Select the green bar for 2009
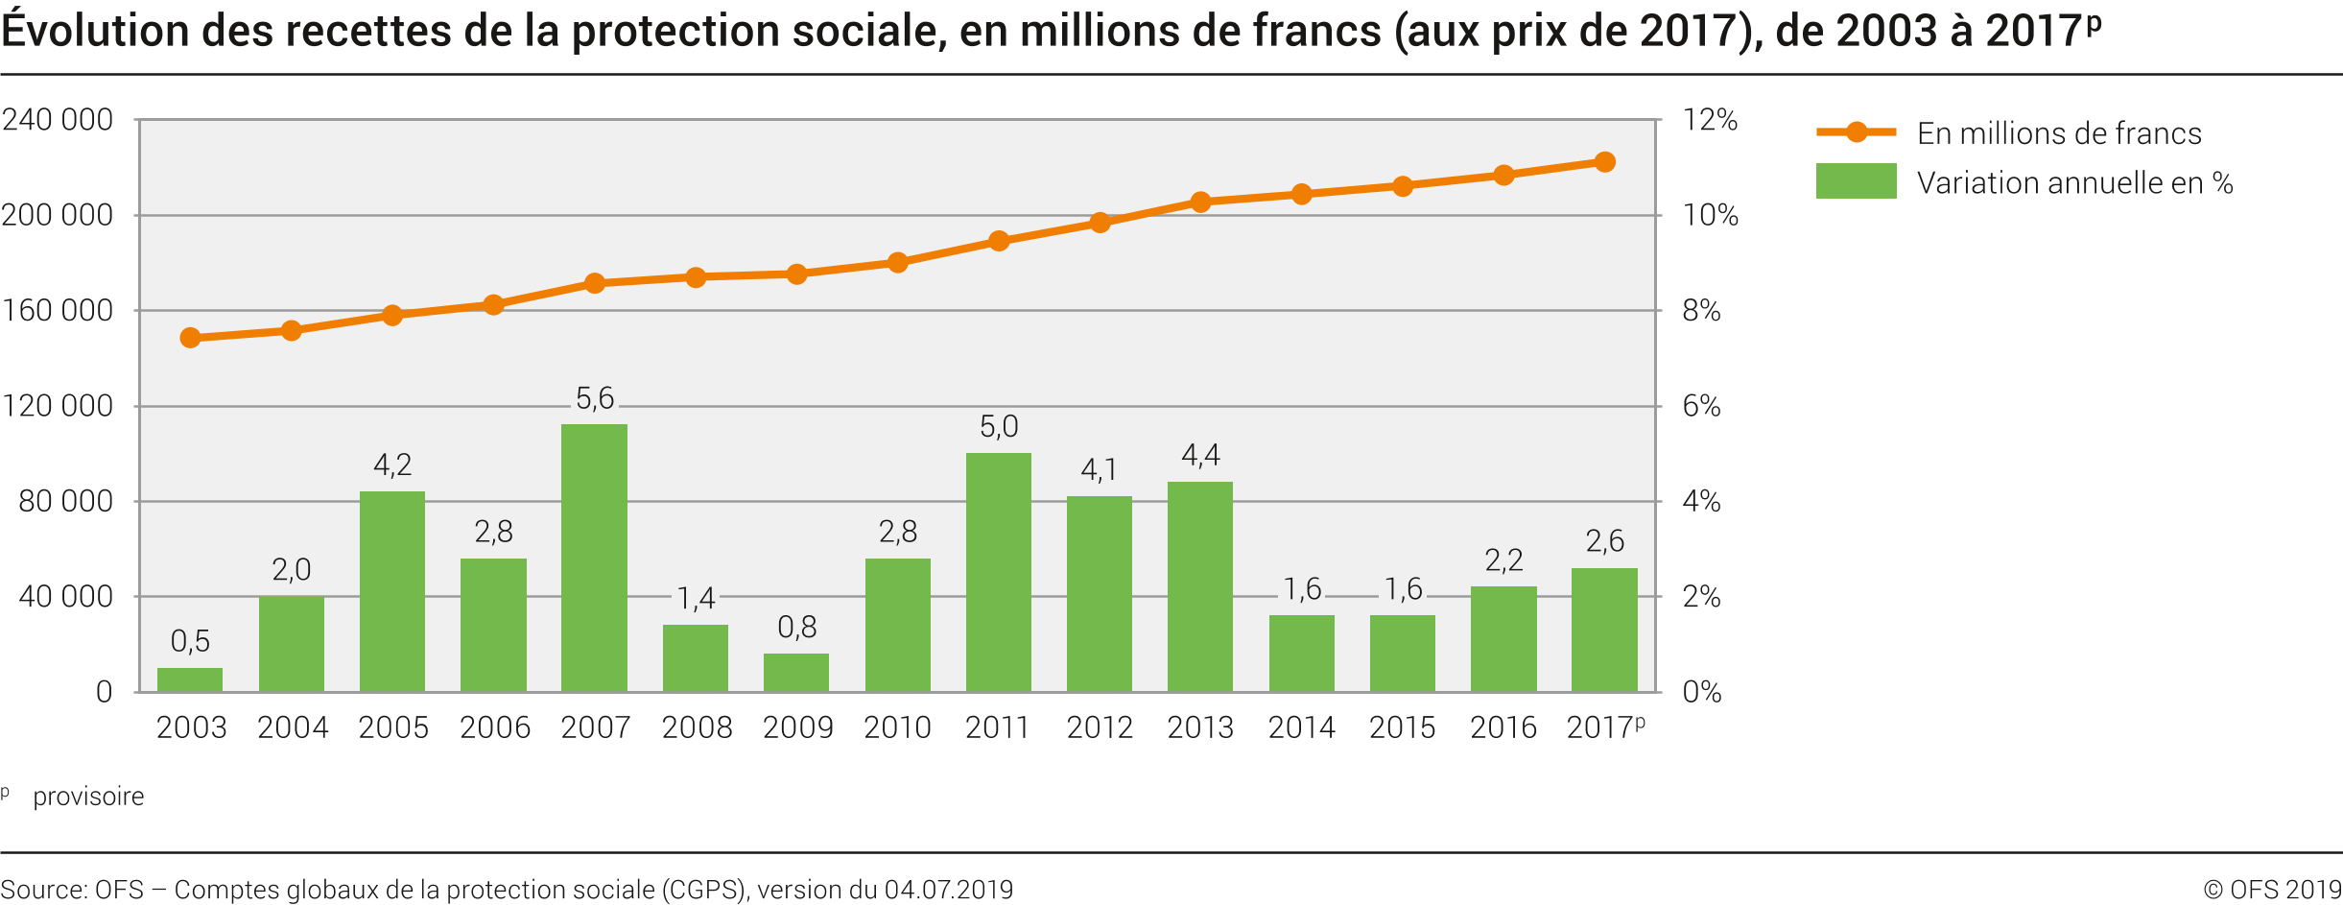coord(796,672)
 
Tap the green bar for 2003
coord(190,679)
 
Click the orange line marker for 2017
coord(1604,162)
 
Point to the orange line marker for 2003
coord(190,338)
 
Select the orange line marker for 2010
coord(898,263)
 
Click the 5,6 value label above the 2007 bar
coord(595,398)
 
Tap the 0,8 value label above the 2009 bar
coord(797,628)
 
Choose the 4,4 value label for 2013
coord(1200,455)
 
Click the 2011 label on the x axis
coord(998,727)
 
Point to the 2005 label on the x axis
coord(393,727)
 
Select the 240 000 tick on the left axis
coord(58,120)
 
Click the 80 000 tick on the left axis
coord(65,501)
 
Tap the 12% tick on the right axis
coord(1710,120)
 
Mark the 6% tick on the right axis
coord(1701,406)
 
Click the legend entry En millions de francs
coord(2059,133)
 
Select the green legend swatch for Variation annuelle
coord(1856,181)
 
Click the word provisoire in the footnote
coord(88,797)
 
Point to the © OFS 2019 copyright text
coord(2272,890)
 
